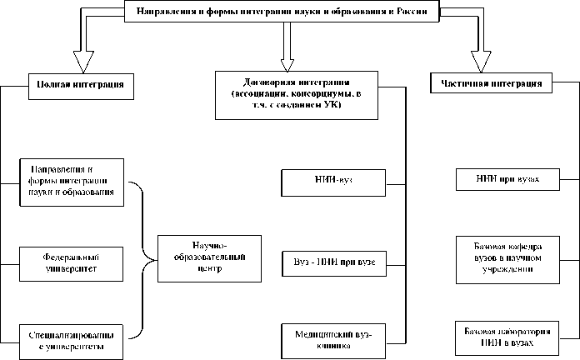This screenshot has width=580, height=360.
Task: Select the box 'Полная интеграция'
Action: coord(81,84)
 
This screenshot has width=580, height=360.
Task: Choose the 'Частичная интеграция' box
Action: coord(492,84)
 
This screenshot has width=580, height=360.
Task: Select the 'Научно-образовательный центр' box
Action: coord(204,257)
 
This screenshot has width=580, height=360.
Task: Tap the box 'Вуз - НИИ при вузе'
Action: coord(333,262)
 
